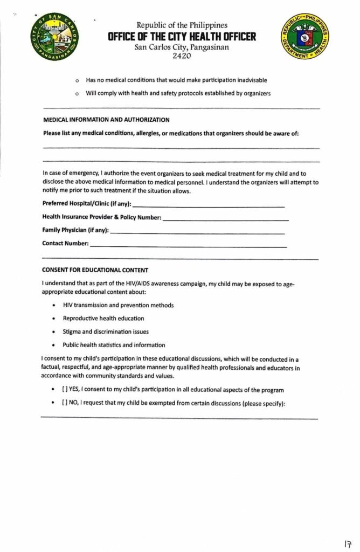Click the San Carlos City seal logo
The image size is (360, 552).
click(x=54, y=37)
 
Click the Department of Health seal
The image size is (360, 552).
click(x=305, y=37)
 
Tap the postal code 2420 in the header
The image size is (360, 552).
click(x=182, y=56)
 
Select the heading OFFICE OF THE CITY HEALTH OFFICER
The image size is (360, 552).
click(x=182, y=36)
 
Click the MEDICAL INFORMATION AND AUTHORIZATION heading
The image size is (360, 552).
click(x=106, y=120)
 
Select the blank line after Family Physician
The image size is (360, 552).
click(x=197, y=233)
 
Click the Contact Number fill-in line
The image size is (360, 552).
click(x=188, y=246)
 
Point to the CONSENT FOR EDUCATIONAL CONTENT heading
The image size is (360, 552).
click(x=95, y=270)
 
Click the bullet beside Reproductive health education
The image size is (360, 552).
click(x=53, y=319)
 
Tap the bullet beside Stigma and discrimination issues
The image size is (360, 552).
click(x=53, y=332)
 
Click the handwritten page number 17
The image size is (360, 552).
click(x=348, y=544)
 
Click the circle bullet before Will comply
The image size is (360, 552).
click(x=78, y=94)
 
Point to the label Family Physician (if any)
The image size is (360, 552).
click(x=75, y=230)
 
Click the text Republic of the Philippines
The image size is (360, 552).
click(x=182, y=25)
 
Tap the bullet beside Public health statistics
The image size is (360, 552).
click(x=53, y=345)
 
